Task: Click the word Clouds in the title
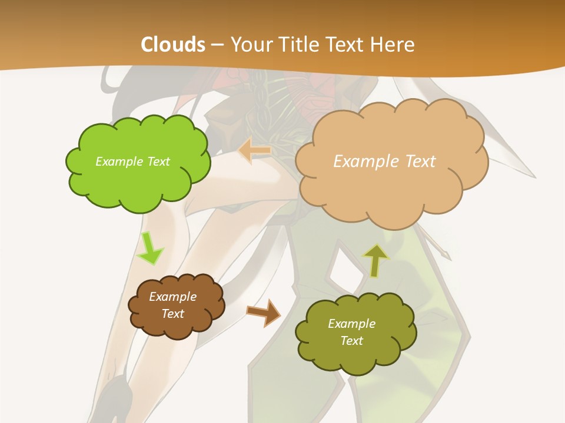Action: click(173, 45)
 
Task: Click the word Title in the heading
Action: click(295, 45)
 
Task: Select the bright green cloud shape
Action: click(138, 182)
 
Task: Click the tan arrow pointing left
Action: click(255, 151)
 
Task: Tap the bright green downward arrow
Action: click(149, 247)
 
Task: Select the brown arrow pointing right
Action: click(264, 312)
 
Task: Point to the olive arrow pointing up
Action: click(375, 260)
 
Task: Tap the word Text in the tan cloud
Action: click(420, 162)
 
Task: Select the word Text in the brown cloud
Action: click(173, 314)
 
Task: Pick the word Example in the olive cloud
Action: click(351, 324)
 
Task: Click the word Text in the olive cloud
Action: click(351, 341)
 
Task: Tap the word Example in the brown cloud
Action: click(173, 297)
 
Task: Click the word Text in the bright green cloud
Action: click(158, 162)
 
